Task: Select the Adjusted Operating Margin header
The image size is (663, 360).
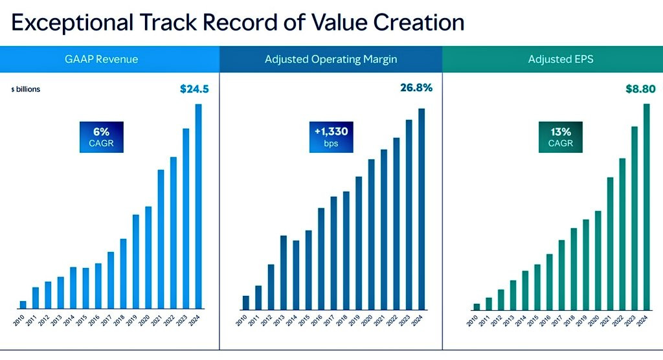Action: coord(331,60)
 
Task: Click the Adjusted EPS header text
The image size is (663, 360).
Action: coord(552,60)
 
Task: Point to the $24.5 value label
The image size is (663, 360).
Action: coord(194,89)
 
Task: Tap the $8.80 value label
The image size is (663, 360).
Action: coord(636,89)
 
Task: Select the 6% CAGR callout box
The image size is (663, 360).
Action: coord(101,137)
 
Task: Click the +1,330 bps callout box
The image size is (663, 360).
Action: coord(331,137)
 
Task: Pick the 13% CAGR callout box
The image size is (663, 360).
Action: coord(559,137)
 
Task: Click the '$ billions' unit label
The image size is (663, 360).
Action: coord(25,89)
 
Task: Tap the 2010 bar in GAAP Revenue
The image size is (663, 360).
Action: coord(23,304)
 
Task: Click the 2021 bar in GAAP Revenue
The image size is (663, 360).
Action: coord(161,239)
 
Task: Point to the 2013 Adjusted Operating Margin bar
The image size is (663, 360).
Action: coord(284,272)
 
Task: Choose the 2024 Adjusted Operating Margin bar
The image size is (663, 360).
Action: coord(421,208)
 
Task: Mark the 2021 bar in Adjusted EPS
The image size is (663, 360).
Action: coord(610,243)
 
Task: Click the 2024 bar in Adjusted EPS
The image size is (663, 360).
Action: coord(646,206)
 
